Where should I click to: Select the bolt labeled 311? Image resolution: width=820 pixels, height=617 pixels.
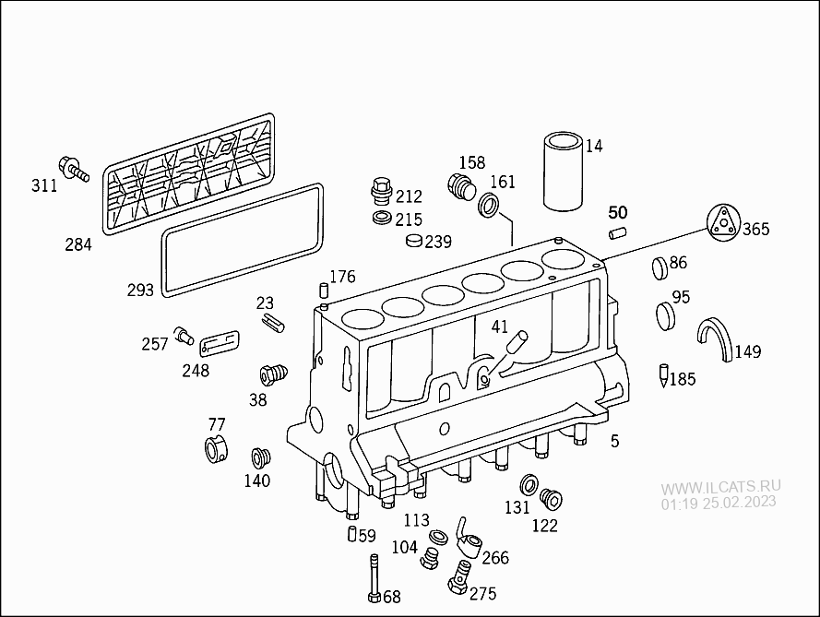[71, 168]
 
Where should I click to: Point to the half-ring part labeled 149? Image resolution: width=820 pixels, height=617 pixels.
[716, 338]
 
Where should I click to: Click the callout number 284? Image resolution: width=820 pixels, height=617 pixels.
[78, 244]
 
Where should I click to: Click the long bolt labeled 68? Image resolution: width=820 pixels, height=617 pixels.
[373, 577]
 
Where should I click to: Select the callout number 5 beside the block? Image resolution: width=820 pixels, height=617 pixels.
[614, 442]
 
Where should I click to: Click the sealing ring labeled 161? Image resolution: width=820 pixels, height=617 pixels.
[490, 204]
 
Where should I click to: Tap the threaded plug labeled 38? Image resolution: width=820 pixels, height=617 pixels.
[269, 375]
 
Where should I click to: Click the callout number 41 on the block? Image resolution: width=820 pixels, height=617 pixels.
[499, 326]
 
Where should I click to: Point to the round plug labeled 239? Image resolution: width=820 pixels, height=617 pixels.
[414, 243]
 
